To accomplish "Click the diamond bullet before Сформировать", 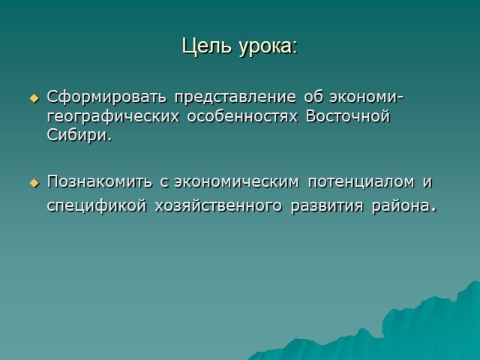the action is coord(34,98).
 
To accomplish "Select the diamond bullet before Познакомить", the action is coord(34,183).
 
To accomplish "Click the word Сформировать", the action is coord(106,97).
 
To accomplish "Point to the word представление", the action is coord(235,97).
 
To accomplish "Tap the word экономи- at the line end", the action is coord(367,97).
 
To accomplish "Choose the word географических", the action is coord(113,117).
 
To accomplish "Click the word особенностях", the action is coord(242,116).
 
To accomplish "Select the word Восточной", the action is coord(348,116).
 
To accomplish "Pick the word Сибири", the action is coord(79,135).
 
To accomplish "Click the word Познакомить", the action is coord(99,181).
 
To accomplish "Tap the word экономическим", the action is coord(236,181).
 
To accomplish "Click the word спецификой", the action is coord(97,206).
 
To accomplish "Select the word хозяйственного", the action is coord(218,205).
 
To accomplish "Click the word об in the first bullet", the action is coord(313,97).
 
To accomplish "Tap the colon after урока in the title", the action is coord(295,49).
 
